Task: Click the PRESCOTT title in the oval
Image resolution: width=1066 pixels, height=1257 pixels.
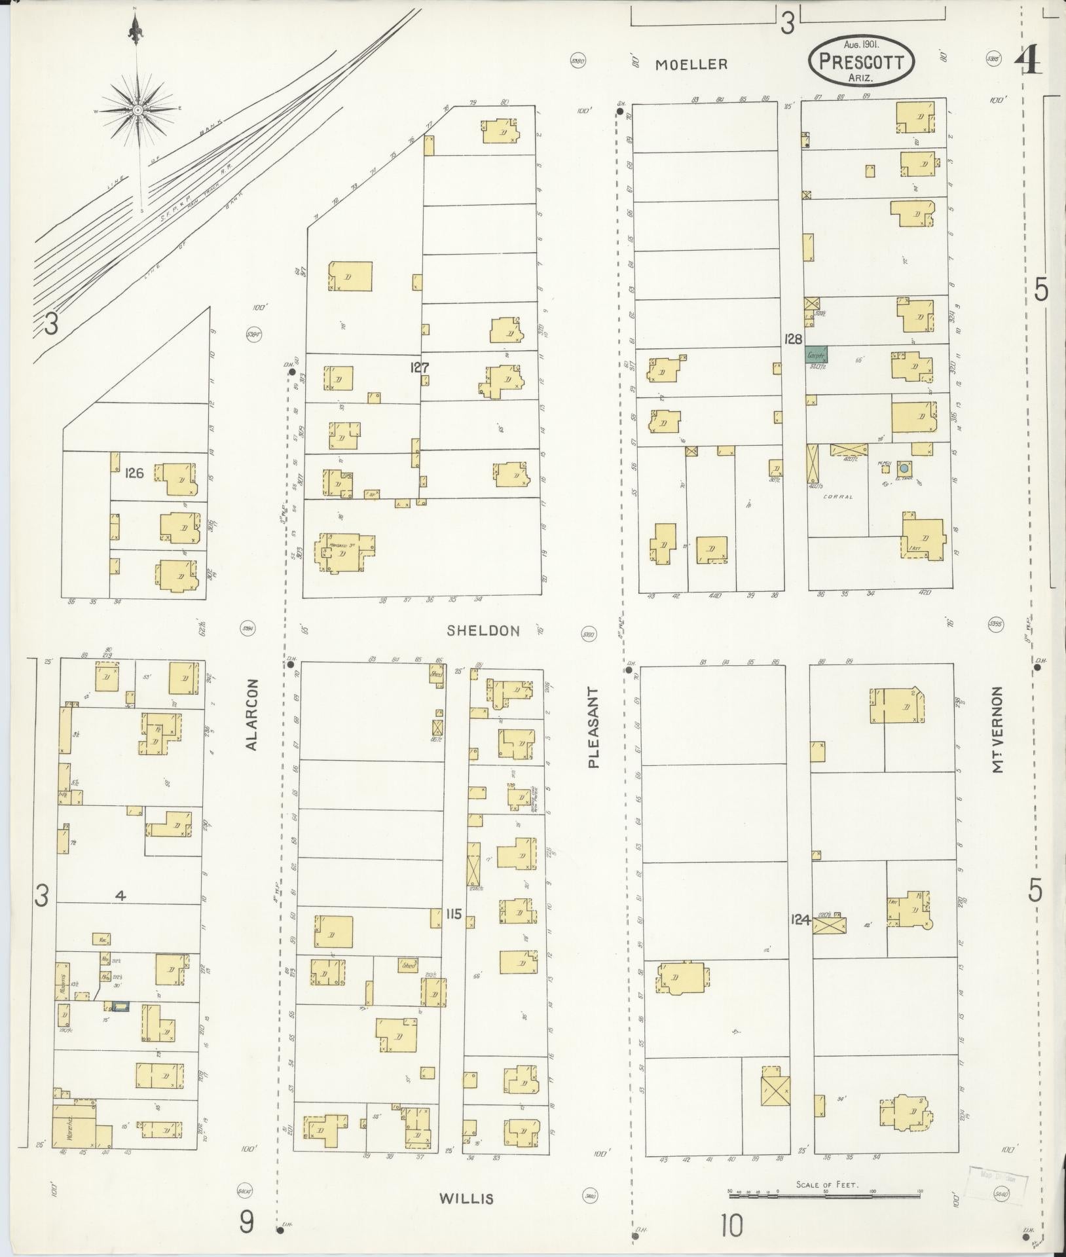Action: click(x=861, y=63)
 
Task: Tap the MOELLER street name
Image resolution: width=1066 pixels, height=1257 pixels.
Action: click(x=691, y=64)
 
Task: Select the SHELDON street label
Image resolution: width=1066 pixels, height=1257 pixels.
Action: click(x=483, y=630)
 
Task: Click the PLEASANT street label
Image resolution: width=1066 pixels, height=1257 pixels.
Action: click(x=593, y=727)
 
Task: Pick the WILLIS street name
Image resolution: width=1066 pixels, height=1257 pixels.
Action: click(x=466, y=1199)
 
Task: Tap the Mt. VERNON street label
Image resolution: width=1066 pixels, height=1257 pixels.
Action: click(x=998, y=729)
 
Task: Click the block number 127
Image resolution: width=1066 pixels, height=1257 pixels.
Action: click(x=419, y=368)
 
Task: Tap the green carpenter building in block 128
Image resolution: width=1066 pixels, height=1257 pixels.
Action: click(x=817, y=354)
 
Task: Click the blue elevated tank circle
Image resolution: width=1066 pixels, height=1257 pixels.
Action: click(x=904, y=468)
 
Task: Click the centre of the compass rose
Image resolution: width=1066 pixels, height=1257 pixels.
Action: click(x=138, y=111)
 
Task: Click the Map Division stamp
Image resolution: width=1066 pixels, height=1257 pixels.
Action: click(x=997, y=1179)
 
